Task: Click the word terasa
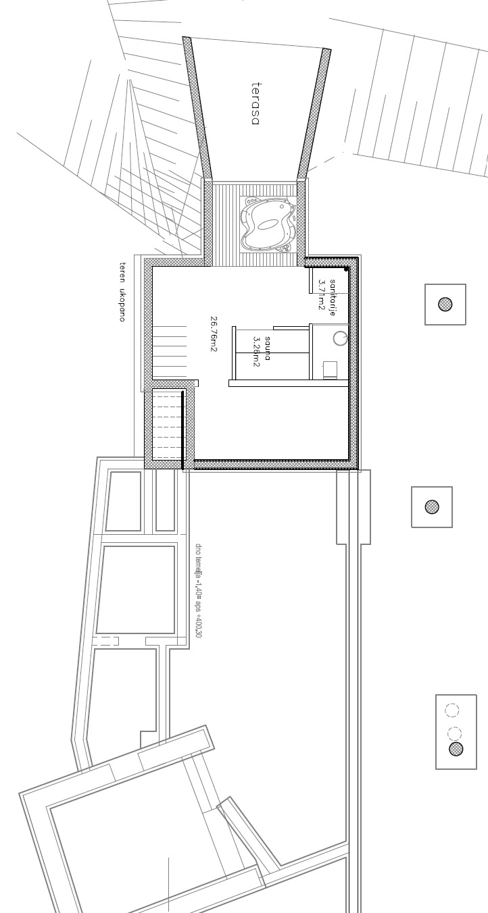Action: [255, 103]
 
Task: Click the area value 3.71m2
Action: [322, 295]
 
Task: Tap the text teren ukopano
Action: [122, 291]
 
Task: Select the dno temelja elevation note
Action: [198, 590]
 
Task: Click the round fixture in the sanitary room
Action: [341, 337]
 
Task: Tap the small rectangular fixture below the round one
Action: [330, 369]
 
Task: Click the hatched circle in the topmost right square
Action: [445, 305]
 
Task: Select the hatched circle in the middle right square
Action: [431, 506]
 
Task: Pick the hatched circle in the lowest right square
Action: [456, 748]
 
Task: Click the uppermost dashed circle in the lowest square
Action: [452, 710]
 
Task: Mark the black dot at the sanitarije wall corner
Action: [346, 269]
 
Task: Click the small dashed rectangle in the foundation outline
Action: [106, 641]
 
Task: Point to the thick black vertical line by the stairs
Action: [183, 429]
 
